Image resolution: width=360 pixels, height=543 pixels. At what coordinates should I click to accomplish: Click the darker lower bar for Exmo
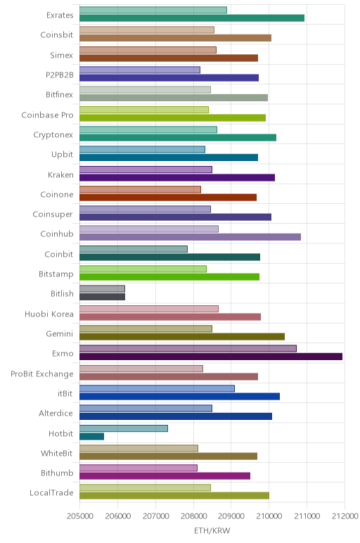coord(211,357)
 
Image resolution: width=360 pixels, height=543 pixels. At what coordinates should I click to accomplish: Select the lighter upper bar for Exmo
coord(188,349)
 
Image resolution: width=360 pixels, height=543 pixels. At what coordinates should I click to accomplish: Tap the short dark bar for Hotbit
coord(91,436)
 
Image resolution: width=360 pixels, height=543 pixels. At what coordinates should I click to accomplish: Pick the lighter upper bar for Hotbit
coord(124,428)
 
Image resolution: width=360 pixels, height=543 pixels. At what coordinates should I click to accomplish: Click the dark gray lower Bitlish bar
coord(102,297)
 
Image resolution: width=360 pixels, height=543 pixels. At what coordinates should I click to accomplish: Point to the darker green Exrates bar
coord(192,18)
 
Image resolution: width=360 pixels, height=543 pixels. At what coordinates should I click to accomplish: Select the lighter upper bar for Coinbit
coord(134,249)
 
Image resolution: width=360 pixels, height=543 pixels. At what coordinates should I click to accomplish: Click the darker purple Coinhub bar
coord(190,237)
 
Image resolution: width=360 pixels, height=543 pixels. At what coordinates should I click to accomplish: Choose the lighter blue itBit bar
coord(157,388)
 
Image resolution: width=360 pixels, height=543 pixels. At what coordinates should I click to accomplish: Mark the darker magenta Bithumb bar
coord(165,475)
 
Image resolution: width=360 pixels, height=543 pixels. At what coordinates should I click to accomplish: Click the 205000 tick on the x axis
coord(79,516)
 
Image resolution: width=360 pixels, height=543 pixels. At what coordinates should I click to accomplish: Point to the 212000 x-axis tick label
coord(345,516)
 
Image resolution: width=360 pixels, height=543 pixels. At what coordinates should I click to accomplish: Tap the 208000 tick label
coord(193,516)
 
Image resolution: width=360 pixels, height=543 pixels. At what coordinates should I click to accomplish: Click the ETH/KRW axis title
coord(212,530)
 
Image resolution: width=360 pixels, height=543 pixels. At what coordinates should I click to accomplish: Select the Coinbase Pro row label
coord(47,115)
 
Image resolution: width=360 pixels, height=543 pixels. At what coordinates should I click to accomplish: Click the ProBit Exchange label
coord(42,374)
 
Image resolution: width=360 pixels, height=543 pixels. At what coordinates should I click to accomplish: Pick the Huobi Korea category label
coord(49,314)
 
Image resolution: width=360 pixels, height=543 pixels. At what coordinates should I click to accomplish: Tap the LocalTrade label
coord(51,493)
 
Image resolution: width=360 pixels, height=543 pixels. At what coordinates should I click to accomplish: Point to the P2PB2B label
coord(60,75)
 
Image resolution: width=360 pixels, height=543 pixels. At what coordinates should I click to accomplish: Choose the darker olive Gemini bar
coord(182,337)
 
